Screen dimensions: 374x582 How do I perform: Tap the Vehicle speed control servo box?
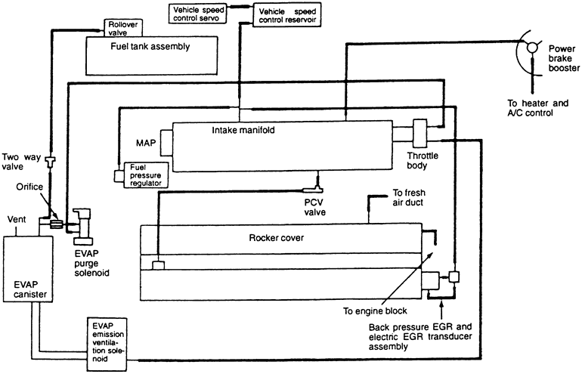pyautogui.click(x=198, y=14)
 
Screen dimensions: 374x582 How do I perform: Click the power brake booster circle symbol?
pyautogui.click(x=532, y=47)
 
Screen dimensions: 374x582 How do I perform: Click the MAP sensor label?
pyautogui.click(x=146, y=142)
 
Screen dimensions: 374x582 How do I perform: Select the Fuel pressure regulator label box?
pyautogui.click(x=148, y=175)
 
